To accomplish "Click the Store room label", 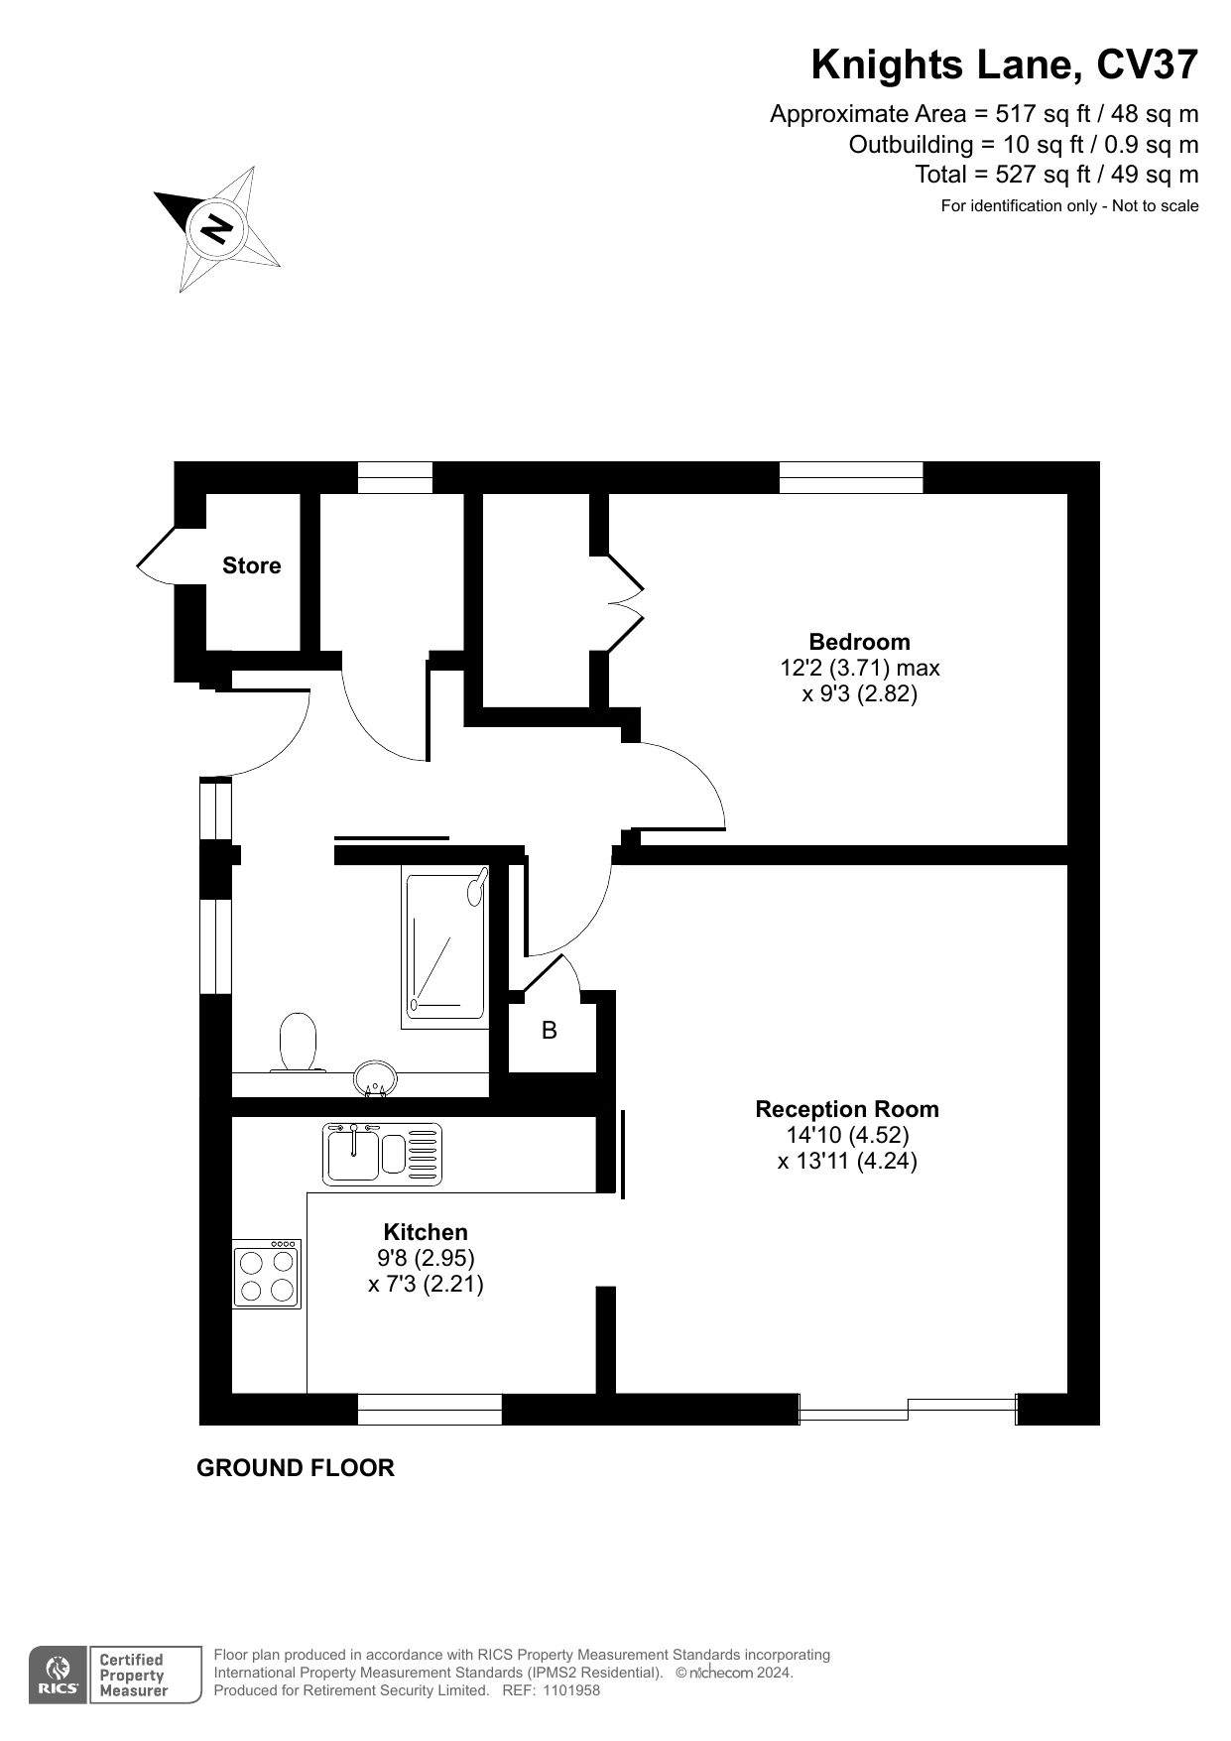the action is [251, 565].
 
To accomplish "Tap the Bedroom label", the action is [859, 642].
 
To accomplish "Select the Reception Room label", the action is [847, 1109].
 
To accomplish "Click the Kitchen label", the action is [426, 1232].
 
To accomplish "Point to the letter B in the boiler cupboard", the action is [550, 1031].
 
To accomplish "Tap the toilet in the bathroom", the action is [298, 1042].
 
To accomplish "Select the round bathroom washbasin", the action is [376, 1078].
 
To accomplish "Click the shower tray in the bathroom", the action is [445, 945].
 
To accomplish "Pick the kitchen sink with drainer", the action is [383, 1152].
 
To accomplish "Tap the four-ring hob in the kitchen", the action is [267, 1274].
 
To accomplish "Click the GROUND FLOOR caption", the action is [296, 1467].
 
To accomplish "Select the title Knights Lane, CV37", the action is [1005, 65].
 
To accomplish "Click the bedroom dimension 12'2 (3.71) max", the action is [860, 668].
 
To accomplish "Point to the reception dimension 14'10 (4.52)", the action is [847, 1135].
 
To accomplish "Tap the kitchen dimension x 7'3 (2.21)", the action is [426, 1284].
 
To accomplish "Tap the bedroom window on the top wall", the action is [851, 478].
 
